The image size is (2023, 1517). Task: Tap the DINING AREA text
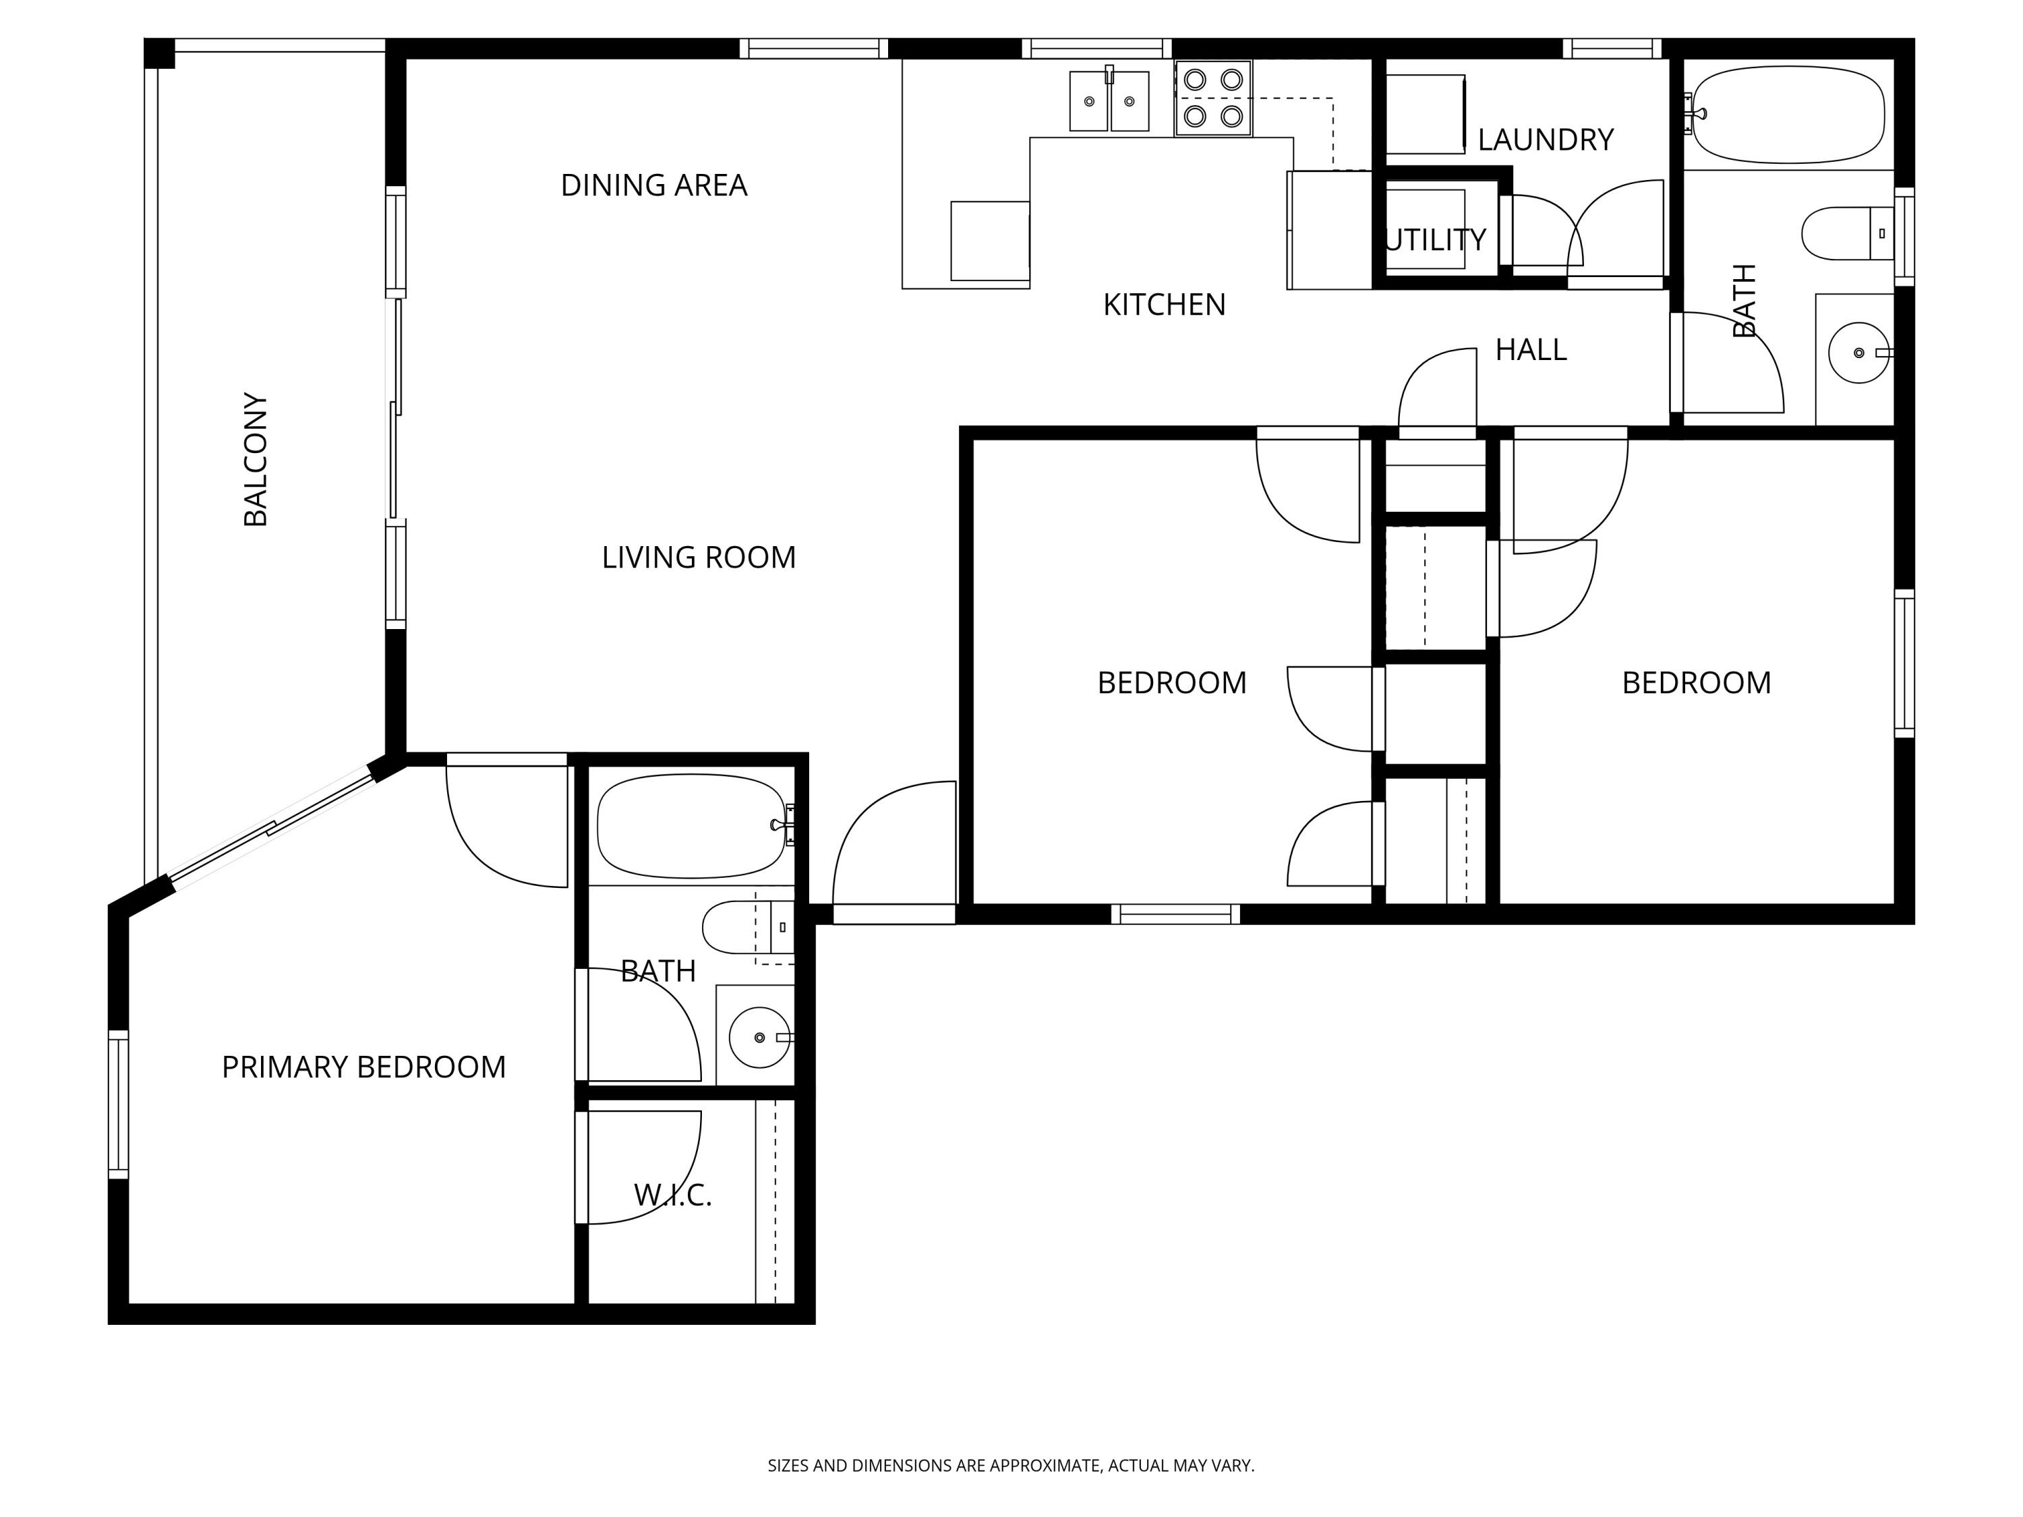click(654, 185)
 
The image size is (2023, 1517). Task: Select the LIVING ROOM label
click(699, 558)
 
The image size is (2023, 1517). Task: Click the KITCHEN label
click(1163, 305)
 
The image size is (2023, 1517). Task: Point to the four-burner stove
click(1212, 98)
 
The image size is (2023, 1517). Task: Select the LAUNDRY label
click(1545, 140)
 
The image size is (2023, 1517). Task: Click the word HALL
click(1530, 350)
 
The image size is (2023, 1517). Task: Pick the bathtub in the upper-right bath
click(1788, 115)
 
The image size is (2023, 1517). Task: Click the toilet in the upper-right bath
click(1846, 233)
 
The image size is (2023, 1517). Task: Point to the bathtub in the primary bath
click(691, 826)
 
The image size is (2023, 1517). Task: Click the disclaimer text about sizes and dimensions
click(1011, 1466)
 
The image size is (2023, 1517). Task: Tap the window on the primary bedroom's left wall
click(118, 1104)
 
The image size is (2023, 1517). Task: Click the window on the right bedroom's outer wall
click(1904, 663)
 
